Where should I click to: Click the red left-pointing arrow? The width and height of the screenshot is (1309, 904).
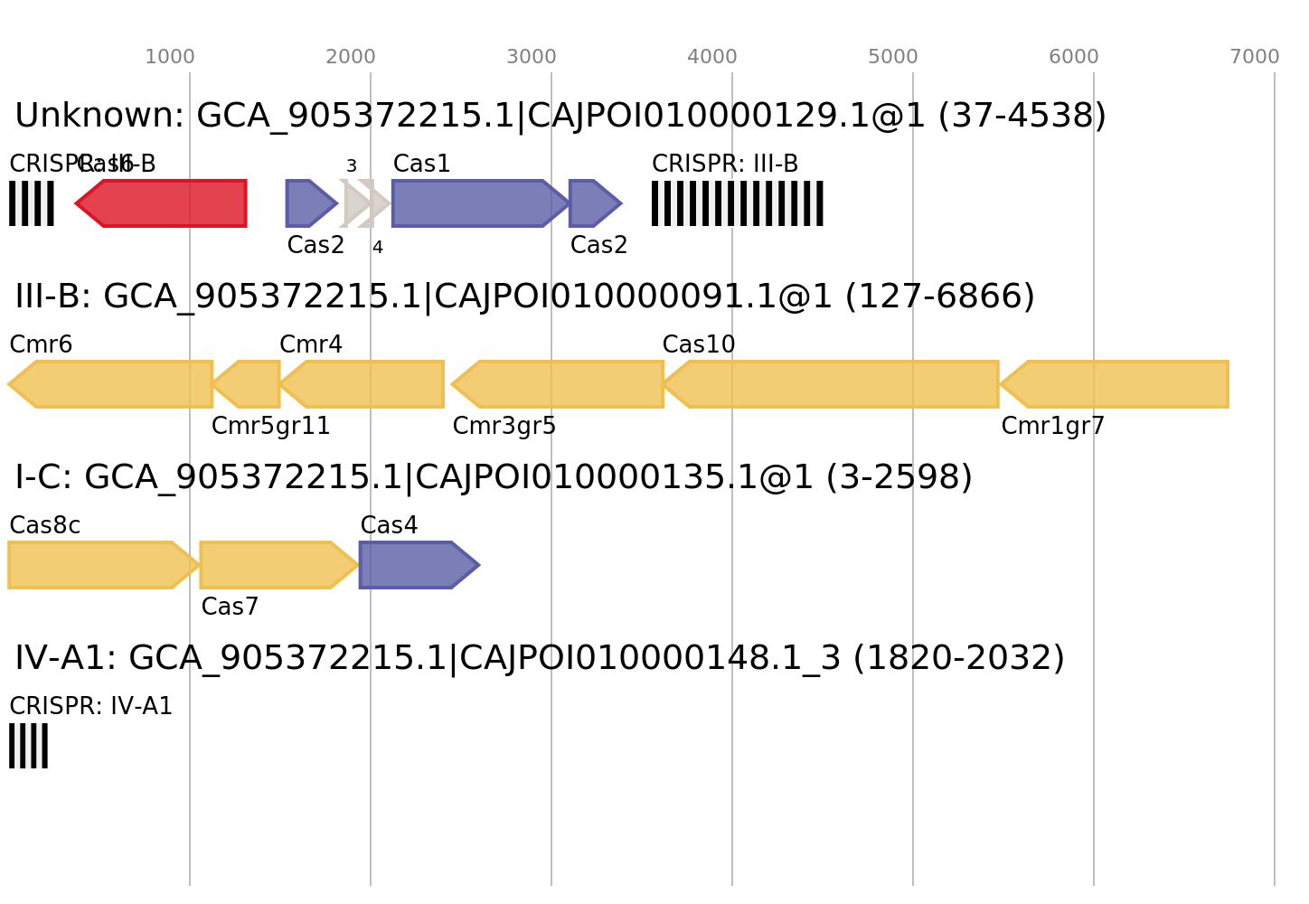coord(163,203)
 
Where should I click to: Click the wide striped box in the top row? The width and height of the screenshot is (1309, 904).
coord(738,203)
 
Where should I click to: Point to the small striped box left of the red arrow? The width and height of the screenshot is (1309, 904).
coord(32,203)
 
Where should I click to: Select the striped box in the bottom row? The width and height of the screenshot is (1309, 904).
coord(28,746)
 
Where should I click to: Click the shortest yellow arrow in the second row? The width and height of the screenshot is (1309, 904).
coord(248,384)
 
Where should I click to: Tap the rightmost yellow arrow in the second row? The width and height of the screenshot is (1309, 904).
coord(1116,384)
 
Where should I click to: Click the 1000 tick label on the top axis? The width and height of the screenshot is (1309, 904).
coord(170,57)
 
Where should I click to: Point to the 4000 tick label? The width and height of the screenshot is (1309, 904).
coord(712,57)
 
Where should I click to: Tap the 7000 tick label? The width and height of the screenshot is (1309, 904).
coord(1255,57)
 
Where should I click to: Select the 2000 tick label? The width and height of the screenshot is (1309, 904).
coord(351,57)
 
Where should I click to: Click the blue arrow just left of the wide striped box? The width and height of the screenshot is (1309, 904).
coord(593,203)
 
